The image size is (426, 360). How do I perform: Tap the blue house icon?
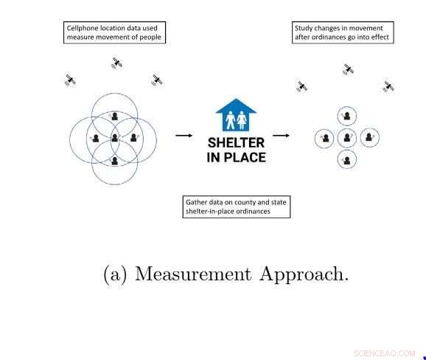pos(236,115)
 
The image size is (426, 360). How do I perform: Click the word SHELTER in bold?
pos(236,143)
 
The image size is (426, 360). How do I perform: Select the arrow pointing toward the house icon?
pos(184,135)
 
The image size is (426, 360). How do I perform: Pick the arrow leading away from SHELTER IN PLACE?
pos(281,135)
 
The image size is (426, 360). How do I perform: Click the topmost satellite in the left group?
pos(117,63)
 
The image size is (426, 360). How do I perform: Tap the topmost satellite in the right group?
pos(349,69)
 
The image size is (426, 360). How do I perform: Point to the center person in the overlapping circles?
pos(115,138)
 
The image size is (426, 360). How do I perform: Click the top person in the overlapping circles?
pos(115,116)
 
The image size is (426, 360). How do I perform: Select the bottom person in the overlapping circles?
pos(115,161)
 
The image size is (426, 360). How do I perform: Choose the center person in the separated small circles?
pos(347,138)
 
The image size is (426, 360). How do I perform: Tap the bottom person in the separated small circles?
pos(347,160)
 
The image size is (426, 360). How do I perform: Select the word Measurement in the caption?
pos(193,274)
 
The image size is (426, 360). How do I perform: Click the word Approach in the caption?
pos(304,274)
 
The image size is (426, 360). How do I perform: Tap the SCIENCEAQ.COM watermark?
pos(385,353)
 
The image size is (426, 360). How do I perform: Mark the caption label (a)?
pos(115,274)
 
